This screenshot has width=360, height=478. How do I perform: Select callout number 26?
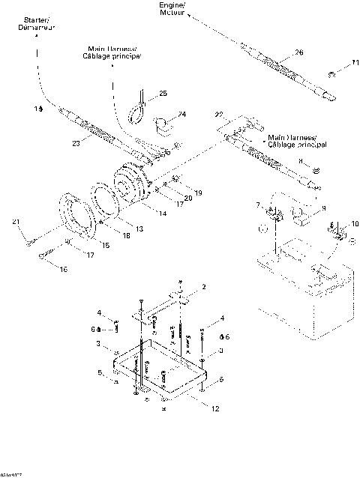click(299, 52)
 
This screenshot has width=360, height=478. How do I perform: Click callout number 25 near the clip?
click(163, 95)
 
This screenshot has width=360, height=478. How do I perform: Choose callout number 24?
click(181, 115)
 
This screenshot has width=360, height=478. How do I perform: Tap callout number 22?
click(219, 114)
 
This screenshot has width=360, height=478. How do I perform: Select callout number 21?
click(13, 222)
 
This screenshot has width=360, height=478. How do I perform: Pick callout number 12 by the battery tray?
click(215, 408)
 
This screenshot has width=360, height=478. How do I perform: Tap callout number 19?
click(197, 193)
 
